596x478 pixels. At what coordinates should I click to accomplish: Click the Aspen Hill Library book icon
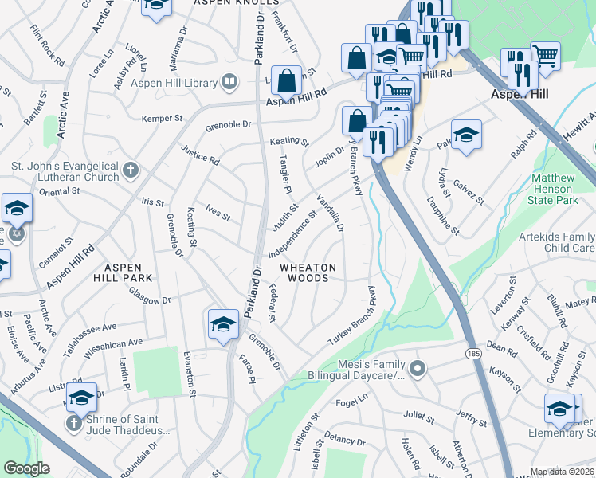pyautogui.click(x=230, y=82)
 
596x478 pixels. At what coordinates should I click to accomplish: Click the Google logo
pyautogui.click(x=26, y=468)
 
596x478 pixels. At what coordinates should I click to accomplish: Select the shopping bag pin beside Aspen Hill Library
pyautogui.click(x=286, y=80)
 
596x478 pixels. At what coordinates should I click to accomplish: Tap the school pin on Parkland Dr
pyautogui.click(x=224, y=324)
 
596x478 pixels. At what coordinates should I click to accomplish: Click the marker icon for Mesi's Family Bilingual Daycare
pyautogui.click(x=416, y=367)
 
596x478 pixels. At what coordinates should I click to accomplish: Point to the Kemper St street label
pyautogui.click(x=162, y=118)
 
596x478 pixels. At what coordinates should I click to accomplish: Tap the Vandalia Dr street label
pyautogui.click(x=330, y=213)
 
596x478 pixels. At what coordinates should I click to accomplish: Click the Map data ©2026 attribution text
pyautogui.click(x=562, y=472)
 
